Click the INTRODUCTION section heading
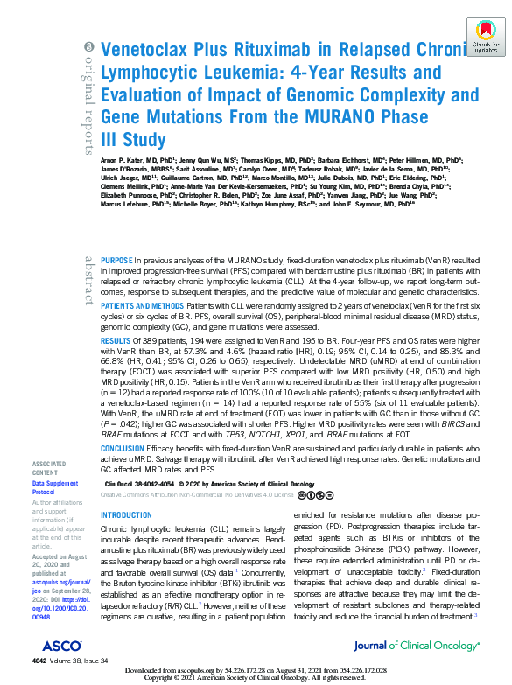pos(127,516)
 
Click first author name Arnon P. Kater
pos(127,162)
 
